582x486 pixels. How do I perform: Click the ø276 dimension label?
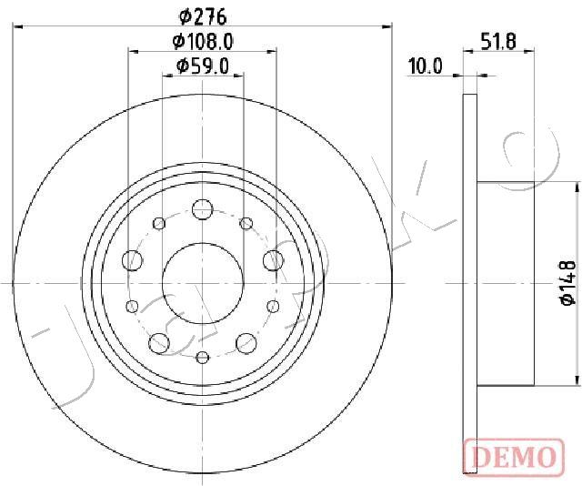tap(203, 16)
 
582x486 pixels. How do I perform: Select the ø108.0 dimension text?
tap(203, 41)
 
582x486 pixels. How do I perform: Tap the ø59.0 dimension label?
tap(203, 66)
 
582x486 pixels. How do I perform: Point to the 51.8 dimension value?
tap(498, 41)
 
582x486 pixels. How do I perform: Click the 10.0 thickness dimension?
tap(426, 66)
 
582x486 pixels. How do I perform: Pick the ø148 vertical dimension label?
tap(568, 283)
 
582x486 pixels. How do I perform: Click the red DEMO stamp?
tap(515, 457)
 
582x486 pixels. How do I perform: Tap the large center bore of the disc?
tap(203, 284)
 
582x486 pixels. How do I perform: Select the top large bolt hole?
tap(202, 209)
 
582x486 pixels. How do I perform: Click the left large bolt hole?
tap(132, 260)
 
